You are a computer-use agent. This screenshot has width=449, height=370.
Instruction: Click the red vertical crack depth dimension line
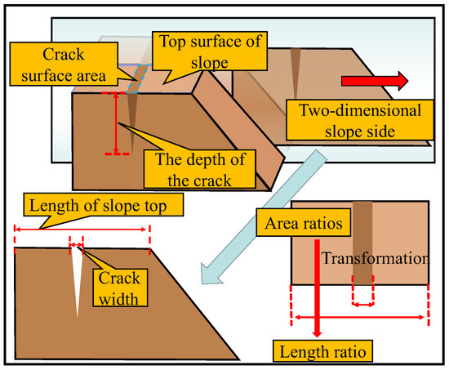[117, 123]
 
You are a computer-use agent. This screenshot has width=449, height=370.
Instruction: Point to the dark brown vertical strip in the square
[361, 241]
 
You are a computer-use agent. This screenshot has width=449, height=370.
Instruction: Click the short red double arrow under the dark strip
[362, 304]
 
